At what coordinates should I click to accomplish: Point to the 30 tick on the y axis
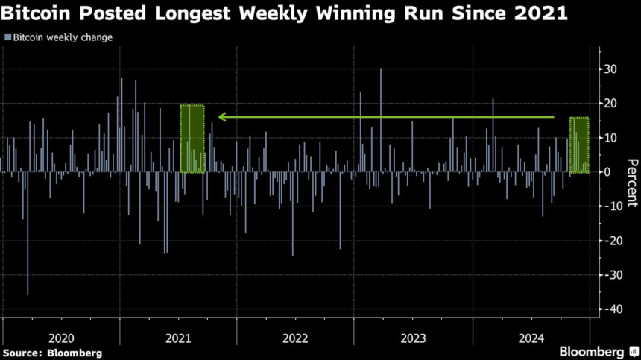tap(610, 69)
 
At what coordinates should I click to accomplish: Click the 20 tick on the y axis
tap(610, 104)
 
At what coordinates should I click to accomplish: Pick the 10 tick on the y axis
tap(610, 138)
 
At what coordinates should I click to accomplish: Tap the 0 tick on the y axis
tap(607, 172)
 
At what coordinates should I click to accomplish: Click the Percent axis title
tap(631, 183)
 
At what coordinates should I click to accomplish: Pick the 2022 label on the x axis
tap(295, 338)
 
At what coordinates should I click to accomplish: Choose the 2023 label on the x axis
tap(413, 338)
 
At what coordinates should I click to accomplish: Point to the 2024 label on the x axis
tap(531, 338)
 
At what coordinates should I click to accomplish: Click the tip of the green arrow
tap(219, 117)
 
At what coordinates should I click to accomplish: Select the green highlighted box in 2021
tap(192, 139)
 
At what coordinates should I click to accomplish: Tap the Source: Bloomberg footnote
tap(52, 353)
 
